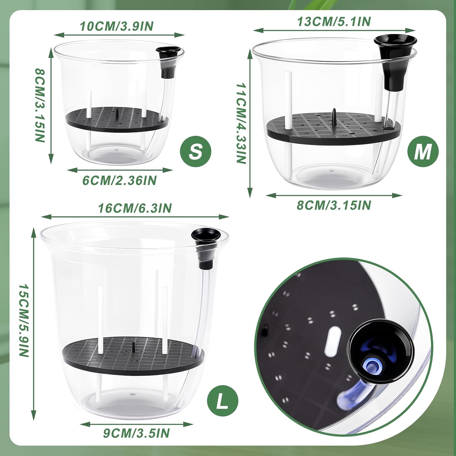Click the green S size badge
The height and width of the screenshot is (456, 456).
tap(195, 151)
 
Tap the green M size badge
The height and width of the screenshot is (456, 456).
tap(423, 151)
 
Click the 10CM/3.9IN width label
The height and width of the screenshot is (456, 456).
tap(117, 26)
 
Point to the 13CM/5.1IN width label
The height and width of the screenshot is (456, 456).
tap(334, 22)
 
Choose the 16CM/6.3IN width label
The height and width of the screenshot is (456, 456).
tap(135, 208)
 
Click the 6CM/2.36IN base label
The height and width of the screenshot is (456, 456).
tap(119, 180)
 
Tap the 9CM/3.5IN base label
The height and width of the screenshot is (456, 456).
tap(136, 433)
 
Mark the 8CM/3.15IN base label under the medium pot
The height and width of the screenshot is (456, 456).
tap(334, 205)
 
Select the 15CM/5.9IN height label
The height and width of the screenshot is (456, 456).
tap(24, 321)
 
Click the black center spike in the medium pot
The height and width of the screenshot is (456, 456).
tap(333, 116)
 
